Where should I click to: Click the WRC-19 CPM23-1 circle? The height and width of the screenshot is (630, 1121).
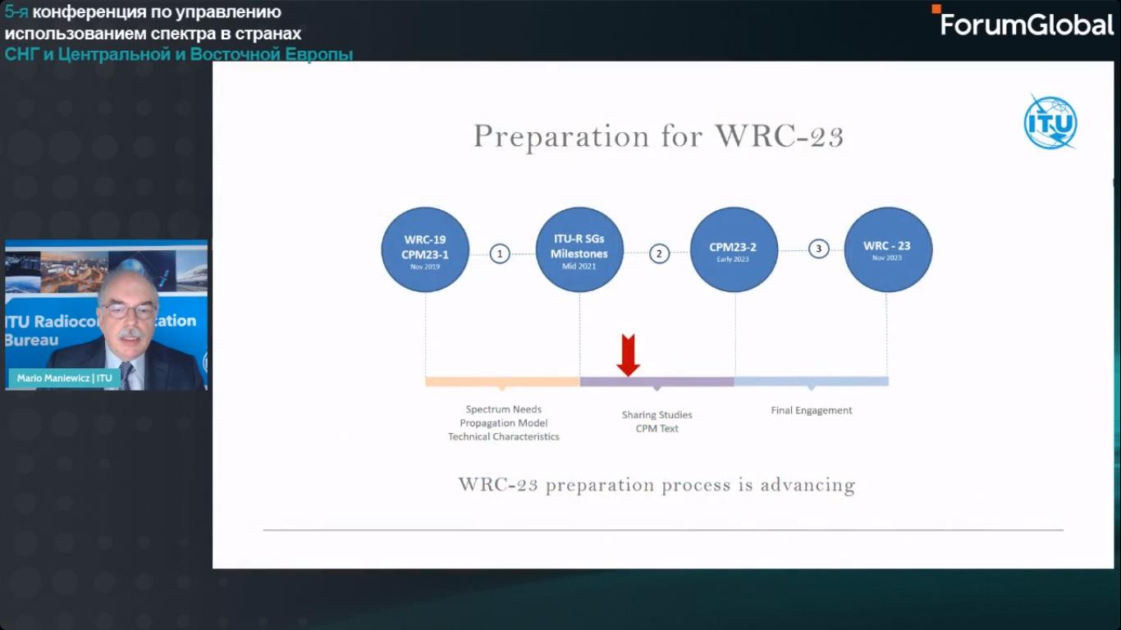pyautogui.click(x=425, y=249)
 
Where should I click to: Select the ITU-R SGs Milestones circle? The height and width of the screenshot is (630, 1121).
pyautogui.click(x=579, y=249)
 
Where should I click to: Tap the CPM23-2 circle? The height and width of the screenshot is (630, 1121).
pyautogui.click(x=734, y=249)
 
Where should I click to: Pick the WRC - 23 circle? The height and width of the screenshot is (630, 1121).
pyautogui.click(x=888, y=249)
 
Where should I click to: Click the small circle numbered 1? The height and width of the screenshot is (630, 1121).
pyautogui.click(x=500, y=253)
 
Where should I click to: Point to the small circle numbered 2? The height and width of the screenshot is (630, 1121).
pyautogui.click(x=659, y=253)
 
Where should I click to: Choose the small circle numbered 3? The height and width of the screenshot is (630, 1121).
pyautogui.click(x=819, y=249)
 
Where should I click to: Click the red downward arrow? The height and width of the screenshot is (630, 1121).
pyautogui.click(x=628, y=355)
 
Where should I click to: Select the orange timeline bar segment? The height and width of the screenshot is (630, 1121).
pyautogui.click(x=502, y=381)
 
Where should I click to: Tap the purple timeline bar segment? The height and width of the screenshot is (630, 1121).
pyautogui.click(x=657, y=381)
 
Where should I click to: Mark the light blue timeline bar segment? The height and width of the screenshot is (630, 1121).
pyautogui.click(x=812, y=381)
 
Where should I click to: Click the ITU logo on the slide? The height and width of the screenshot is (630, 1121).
pyautogui.click(x=1050, y=122)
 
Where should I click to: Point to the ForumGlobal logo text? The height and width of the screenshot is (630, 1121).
pyautogui.click(x=1027, y=25)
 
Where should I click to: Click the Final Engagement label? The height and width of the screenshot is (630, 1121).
pyautogui.click(x=812, y=410)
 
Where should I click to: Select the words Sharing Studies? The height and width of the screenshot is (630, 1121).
pyautogui.click(x=657, y=415)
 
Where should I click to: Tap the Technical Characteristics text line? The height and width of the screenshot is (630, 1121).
pyautogui.click(x=503, y=436)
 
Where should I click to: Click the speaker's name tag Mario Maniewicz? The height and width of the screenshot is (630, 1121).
pyautogui.click(x=65, y=378)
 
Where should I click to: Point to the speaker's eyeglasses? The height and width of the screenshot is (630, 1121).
pyautogui.click(x=129, y=311)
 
